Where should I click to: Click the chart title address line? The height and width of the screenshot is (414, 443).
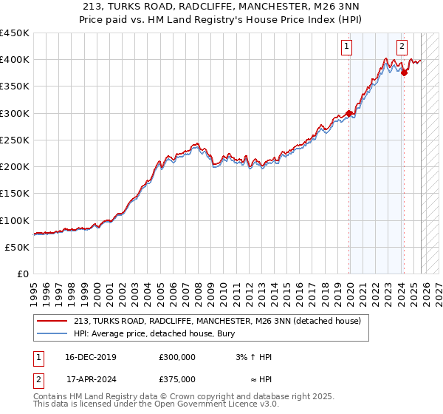221,7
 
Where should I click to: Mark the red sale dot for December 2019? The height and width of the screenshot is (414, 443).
349,113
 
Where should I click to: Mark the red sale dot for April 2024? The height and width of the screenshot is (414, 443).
404,72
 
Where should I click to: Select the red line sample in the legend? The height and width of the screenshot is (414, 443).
52,321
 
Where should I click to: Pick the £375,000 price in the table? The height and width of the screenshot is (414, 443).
176,379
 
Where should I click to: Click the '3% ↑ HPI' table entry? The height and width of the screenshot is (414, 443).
250,357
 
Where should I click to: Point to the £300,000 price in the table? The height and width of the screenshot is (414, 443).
176,357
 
